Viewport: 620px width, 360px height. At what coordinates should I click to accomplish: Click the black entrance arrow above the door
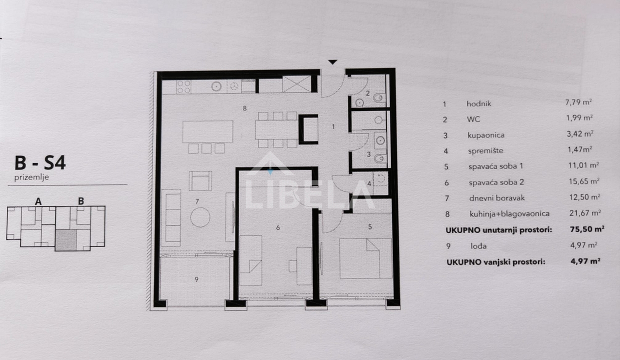click(x=332, y=62)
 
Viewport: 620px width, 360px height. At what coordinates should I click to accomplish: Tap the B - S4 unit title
click(x=40, y=163)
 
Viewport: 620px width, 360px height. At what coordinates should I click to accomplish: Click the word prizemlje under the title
click(x=31, y=177)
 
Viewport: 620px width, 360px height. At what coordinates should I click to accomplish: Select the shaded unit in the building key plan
click(x=66, y=240)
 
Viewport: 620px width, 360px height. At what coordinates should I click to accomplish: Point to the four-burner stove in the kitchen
click(x=184, y=86)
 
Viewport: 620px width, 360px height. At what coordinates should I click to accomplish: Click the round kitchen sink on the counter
click(x=216, y=86)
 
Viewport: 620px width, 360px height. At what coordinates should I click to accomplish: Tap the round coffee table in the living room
click(x=200, y=217)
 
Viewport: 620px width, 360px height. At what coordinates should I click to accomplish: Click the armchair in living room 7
click(x=200, y=180)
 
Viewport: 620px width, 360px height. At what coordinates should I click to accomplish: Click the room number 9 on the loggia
click(x=196, y=279)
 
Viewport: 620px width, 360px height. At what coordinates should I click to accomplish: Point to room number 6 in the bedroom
click(x=278, y=227)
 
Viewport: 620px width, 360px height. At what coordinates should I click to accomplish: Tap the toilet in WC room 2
click(x=379, y=97)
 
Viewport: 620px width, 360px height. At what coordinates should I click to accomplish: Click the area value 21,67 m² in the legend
click(x=585, y=213)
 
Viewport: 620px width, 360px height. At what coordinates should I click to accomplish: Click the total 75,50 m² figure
click(x=587, y=229)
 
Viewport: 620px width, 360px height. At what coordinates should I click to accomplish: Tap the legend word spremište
click(x=486, y=151)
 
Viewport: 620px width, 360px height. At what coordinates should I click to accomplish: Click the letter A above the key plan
click(x=38, y=201)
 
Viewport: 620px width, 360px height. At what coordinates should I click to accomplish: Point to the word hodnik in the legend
click(x=479, y=104)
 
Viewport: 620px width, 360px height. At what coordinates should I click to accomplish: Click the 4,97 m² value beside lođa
click(x=583, y=245)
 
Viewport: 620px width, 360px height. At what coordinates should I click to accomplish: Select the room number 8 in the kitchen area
click(x=244, y=108)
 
